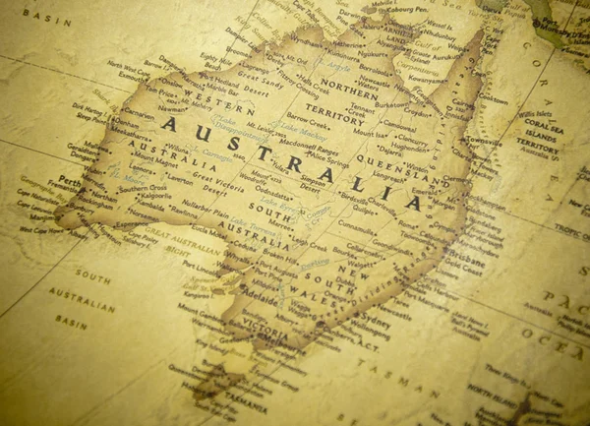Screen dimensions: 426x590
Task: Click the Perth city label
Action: click(x=68, y=181)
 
